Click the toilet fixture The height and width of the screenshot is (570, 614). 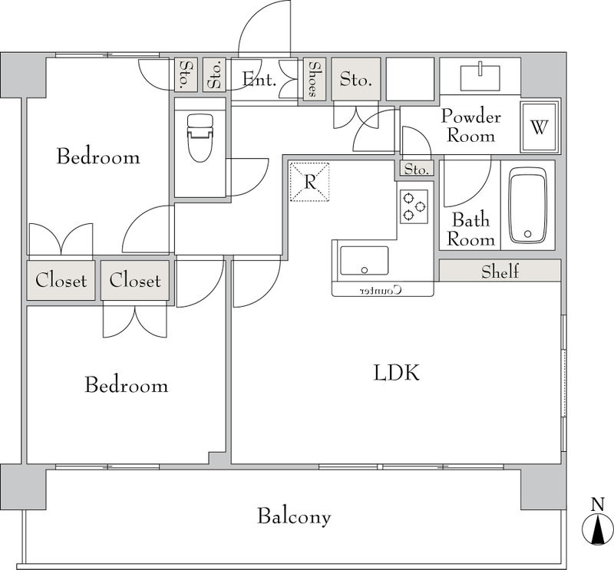200,137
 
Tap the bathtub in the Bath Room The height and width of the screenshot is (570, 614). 528,206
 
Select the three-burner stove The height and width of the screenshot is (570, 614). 414,206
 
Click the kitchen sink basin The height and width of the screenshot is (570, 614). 364,261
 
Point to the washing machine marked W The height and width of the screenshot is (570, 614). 539,127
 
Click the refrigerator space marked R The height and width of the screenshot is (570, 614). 309,182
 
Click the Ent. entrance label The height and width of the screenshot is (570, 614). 259,80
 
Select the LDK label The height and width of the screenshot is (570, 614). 396,372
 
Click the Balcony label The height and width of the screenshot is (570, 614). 294,516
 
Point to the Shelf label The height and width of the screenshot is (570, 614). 500,272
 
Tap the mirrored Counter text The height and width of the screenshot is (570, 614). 381,290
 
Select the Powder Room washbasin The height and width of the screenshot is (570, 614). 480,77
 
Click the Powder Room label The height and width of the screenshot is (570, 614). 471,126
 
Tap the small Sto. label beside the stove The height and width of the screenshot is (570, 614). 416,170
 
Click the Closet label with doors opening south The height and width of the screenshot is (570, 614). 135,280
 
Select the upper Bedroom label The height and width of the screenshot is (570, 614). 98,157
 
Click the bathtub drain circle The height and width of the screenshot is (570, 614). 527,234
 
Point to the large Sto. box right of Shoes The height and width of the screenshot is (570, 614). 356,79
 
